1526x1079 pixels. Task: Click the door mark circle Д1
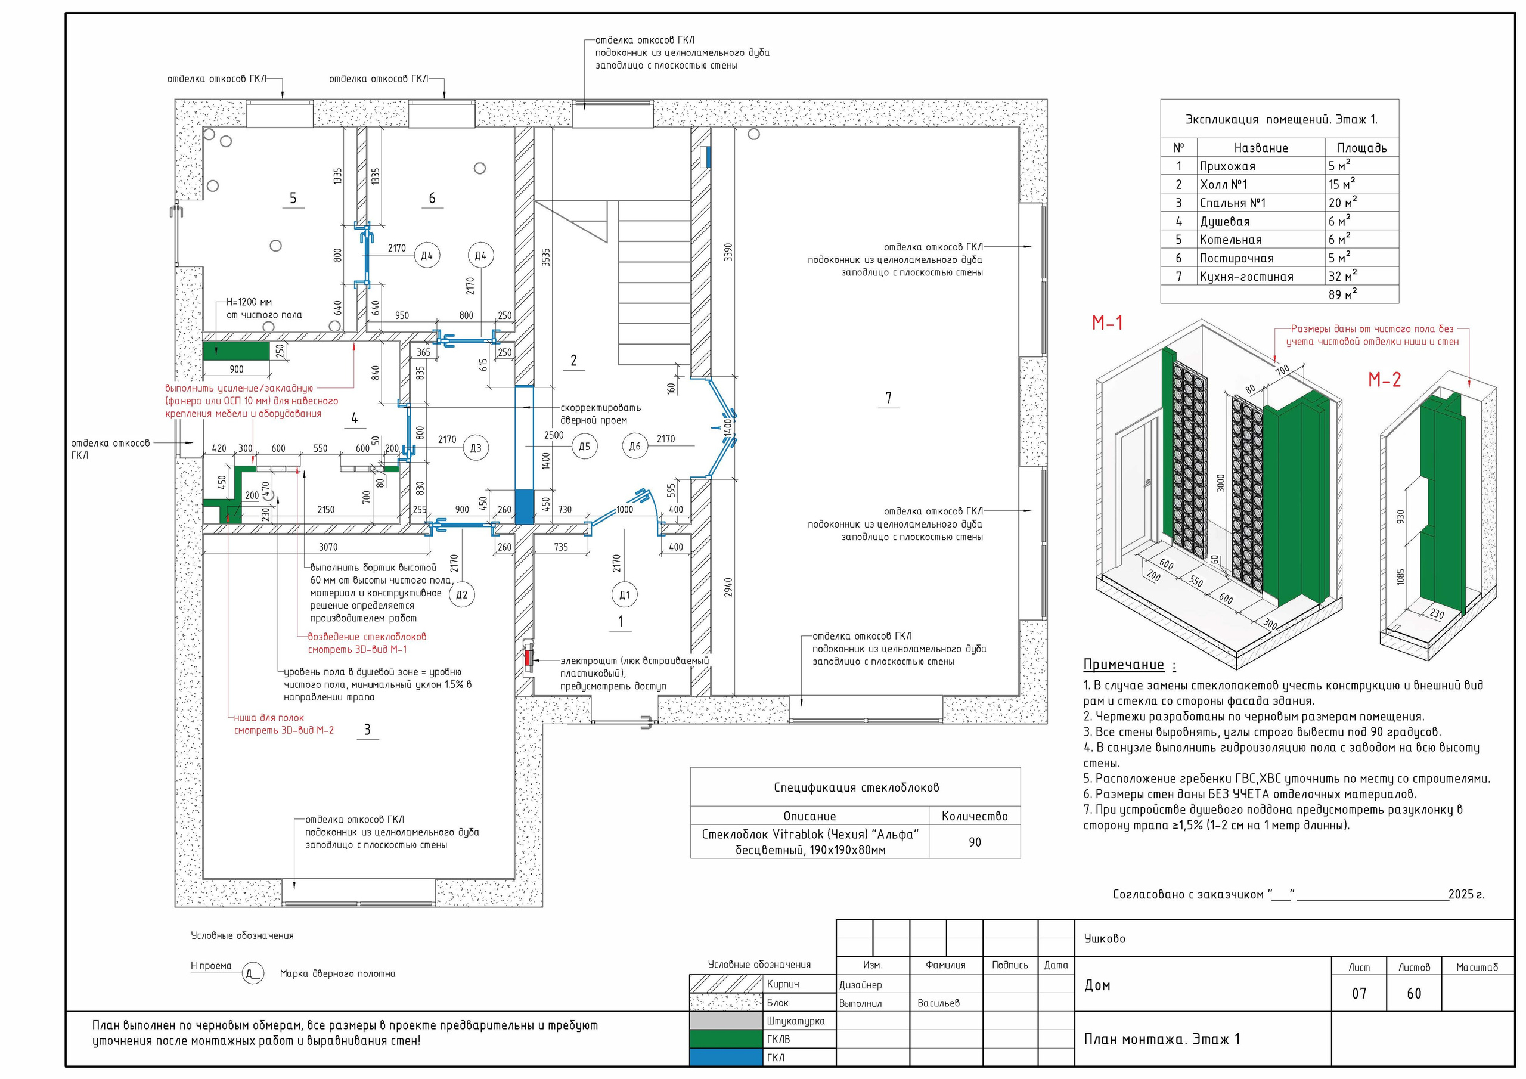click(x=624, y=594)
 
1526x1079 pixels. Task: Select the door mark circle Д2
click(x=462, y=594)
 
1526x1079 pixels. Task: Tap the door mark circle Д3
click(x=476, y=448)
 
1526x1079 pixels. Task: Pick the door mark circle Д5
click(x=584, y=447)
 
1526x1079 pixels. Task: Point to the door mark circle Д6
click(x=635, y=447)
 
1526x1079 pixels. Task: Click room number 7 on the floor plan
click(x=889, y=398)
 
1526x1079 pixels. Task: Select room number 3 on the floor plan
click(x=367, y=730)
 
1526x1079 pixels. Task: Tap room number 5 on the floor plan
click(x=293, y=198)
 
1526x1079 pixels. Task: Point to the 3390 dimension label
click(x=728, y=253)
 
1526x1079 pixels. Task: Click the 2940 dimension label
click(x=728, y=587)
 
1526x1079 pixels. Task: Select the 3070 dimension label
click(x=328, y=547)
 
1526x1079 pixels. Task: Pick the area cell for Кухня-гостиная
click(x=1342, y=276)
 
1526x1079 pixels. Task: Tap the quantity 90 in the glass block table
click(x=975, y=842)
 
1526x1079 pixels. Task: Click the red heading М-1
click(x=1108, y=323)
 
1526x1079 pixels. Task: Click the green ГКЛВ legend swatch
click(x=726, y=1039)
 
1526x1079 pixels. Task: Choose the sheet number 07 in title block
click(x=1359, y=994)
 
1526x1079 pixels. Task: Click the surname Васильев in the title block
click(x=938, y=1003)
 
